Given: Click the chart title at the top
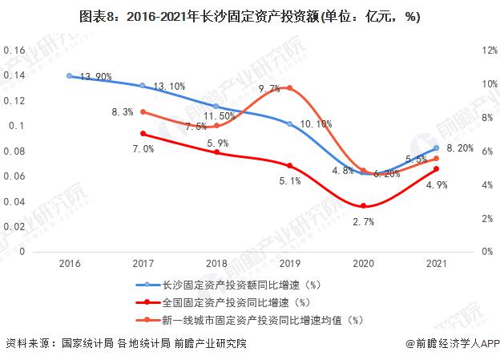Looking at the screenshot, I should click(x=250, y=16).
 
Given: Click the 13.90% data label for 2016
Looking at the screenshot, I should click(x=94, y=75).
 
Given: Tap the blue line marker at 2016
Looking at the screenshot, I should click(x=70, y=75).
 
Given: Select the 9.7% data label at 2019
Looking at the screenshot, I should click(x=269, y=87).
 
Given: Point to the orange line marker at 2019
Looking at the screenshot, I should click(x=289, y=88).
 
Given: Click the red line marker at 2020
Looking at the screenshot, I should click(x=363, y=206).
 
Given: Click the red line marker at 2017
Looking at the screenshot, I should click(x=143, y=133).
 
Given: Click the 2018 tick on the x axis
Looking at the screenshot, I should click(x=216, y=262).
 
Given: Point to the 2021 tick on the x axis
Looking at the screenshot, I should click(x=436, y=262).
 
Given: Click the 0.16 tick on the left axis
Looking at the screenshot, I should click(x=15, y=50).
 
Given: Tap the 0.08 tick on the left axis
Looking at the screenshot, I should click(x=15, y=151).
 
